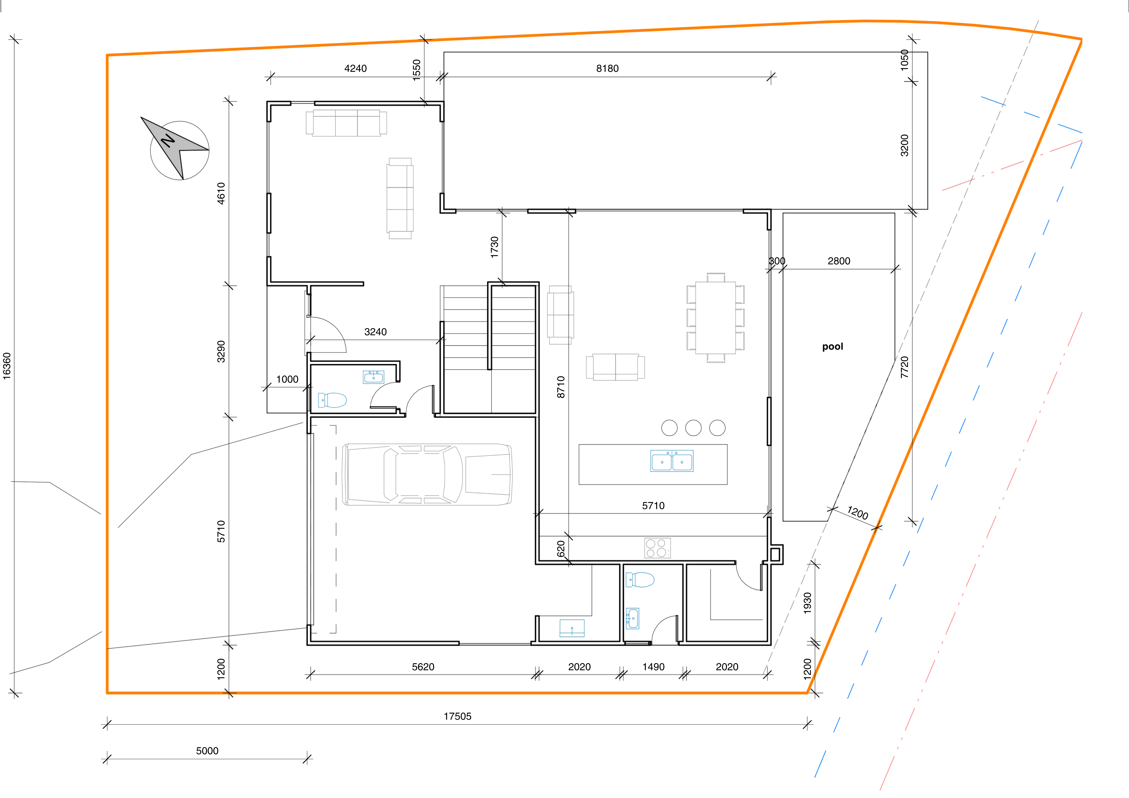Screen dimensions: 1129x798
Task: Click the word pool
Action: tap(833, 347)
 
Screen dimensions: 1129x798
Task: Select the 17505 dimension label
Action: tap(457, 716)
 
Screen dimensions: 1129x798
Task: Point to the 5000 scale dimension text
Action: tap(207, 751)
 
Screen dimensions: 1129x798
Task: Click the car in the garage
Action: tap(427, 475)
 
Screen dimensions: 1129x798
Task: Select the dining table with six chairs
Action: tap(716, 318)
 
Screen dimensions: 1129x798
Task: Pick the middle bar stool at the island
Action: tap(693, 428)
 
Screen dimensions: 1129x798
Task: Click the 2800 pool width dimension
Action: tap(839, 261)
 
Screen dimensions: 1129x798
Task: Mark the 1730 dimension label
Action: tap(495, 247)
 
